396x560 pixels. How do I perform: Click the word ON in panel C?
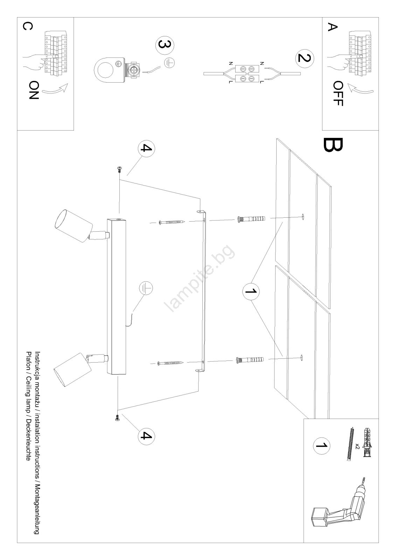coord(34,90)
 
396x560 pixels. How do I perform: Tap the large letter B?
coord(333,145)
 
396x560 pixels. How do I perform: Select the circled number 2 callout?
coord(305,58)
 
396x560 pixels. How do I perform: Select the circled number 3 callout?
coord(165,45)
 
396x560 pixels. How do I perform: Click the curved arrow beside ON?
coord(55,89)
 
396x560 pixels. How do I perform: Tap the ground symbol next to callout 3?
coord(169,63)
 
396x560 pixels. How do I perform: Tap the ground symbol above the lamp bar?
coord(146,288)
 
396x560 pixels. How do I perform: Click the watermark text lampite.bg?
coord(200,278)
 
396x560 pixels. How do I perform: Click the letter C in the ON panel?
coord(28,26)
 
